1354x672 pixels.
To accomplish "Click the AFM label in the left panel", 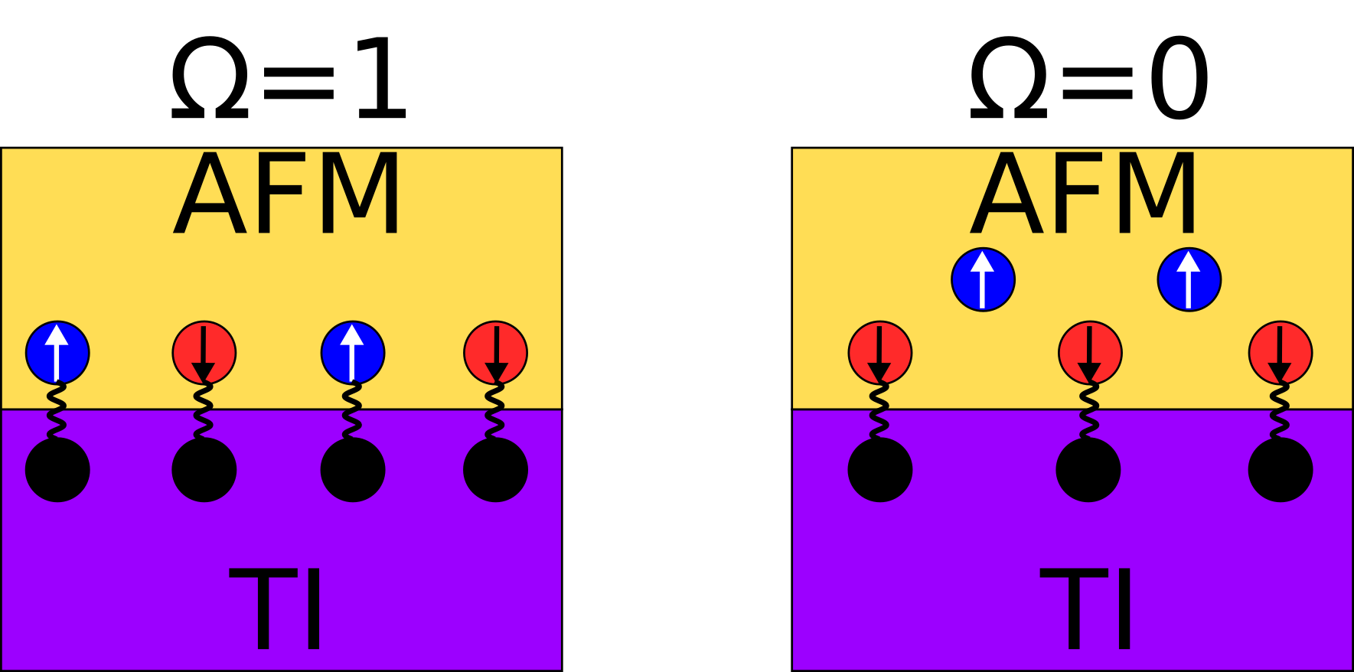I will tap(288, 195).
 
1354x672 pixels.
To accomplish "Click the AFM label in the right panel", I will tap(1084, 195).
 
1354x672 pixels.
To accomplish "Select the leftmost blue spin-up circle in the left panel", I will tap(57, 353).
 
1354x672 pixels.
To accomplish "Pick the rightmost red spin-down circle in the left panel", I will tap(495, 353).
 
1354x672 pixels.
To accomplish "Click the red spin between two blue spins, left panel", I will tap(204, 353).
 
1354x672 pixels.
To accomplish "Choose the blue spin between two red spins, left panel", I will tap(353, 353).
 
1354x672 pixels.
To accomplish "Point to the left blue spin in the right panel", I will tap(983, 279).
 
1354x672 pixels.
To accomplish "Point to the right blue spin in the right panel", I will tap(1189, 279).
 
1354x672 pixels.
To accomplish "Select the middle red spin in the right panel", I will tap(1090, 353).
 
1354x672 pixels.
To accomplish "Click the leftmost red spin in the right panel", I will tap(880, 353).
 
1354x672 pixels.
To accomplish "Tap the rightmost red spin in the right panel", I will tap(1281, 353).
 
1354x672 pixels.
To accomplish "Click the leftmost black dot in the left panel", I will tap(57, 470).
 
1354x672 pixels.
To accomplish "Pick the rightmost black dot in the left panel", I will tap(495, 470).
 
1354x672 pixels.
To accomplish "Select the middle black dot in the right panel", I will tap(1088, 470).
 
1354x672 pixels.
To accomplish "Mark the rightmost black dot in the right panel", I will tap(1281, 470).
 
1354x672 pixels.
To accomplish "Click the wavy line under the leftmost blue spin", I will tap(57, 411).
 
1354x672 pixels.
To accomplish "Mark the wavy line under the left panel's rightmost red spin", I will tap(495, 411).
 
